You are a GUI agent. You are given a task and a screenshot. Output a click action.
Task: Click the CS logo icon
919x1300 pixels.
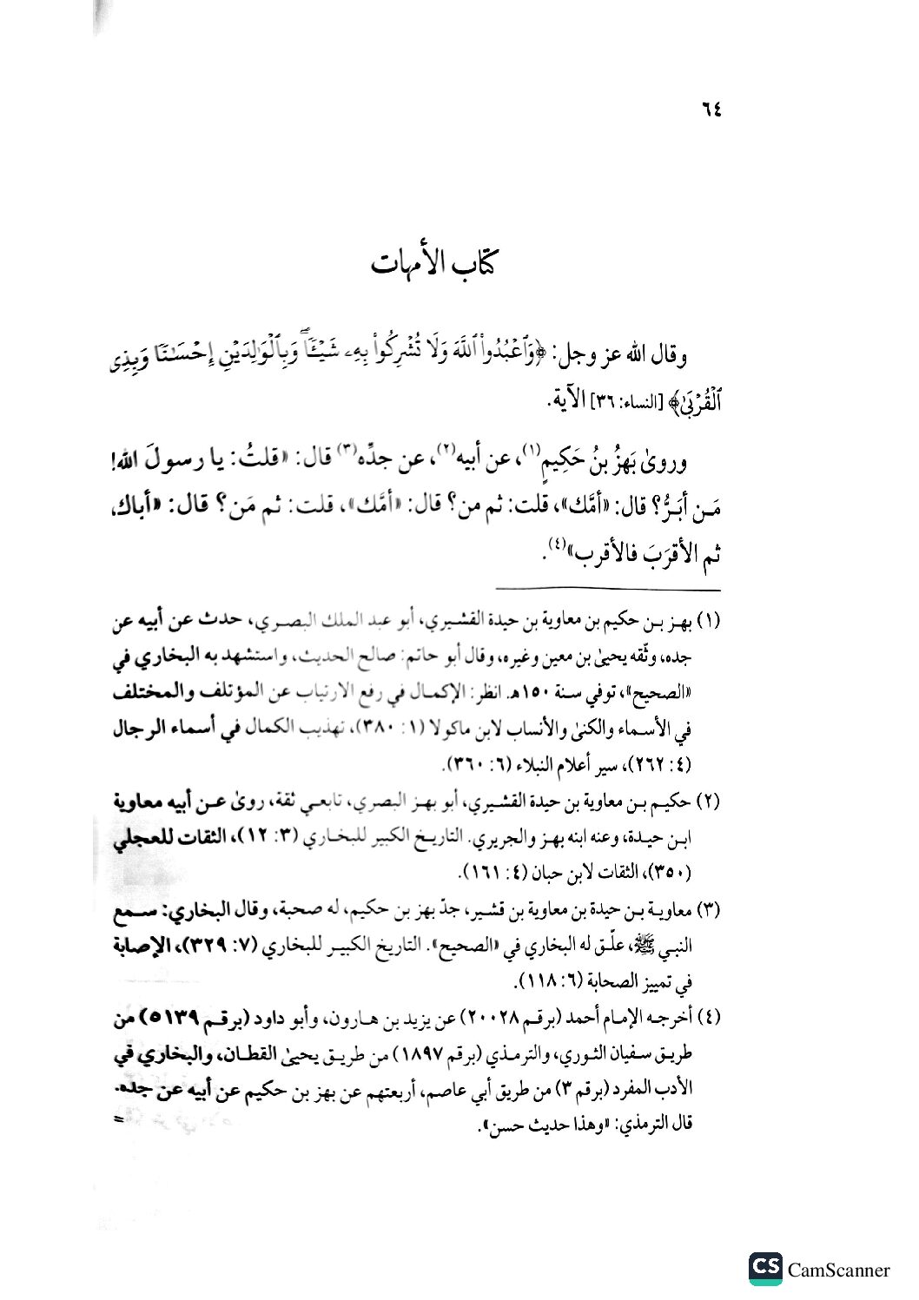[765, 1269]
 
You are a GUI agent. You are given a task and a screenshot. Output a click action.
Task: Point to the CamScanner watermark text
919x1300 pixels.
[838, 1270]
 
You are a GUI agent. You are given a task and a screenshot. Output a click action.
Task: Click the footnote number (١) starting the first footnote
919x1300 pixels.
[710, 623]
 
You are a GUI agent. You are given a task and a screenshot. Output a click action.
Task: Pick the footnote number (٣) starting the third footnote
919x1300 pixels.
[710, 911]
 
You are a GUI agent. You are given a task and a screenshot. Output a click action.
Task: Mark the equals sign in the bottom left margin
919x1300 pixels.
[119, 1120]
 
